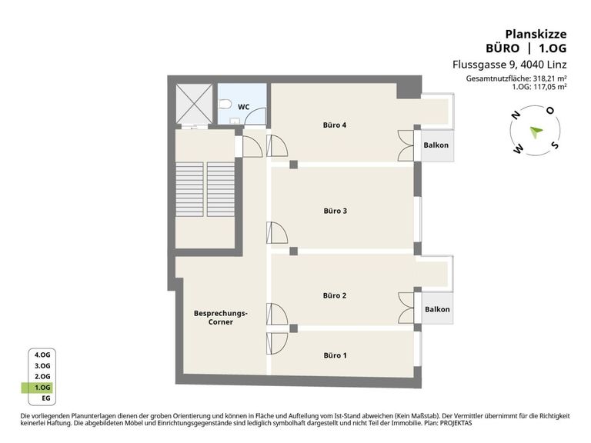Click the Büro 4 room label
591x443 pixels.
pos(334,125)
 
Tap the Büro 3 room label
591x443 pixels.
pos(335,211)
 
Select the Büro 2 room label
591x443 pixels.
pos(334,295)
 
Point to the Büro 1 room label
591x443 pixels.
pos(335,355)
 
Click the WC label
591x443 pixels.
pos(243,107)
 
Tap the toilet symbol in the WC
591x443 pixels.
pos(225,104)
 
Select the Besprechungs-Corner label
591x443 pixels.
pos(221,318)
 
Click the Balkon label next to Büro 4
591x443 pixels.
pos(436,145)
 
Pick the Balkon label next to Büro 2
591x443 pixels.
pos(437,309)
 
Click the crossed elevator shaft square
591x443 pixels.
pos(194,104)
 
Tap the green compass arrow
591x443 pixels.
pos(536,132)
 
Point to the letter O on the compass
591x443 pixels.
pos(551,111)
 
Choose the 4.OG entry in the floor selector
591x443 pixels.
pos(42,355)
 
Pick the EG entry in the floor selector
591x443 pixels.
pos(45,398)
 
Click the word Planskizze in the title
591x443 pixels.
pos(536,35)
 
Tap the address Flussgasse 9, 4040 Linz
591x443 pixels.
pos(509,65)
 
